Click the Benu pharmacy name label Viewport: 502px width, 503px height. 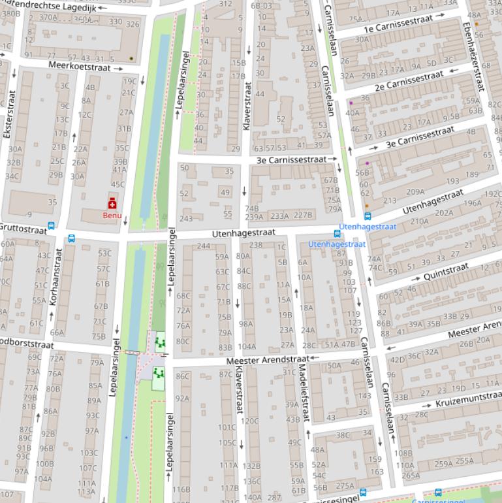tap(112, 215)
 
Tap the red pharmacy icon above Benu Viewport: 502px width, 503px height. tap(112, 203)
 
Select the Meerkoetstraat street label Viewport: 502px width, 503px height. tap(76, 65)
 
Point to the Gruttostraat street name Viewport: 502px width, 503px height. tap(24, 228)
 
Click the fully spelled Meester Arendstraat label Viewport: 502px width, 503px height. tap(268, 360)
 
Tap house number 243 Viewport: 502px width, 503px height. tap(186, 219)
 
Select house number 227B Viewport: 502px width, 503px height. tap(303, 215)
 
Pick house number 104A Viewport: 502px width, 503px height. tap(247, 346)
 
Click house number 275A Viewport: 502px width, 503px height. tap(345, 486)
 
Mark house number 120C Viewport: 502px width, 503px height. tap(249, 421)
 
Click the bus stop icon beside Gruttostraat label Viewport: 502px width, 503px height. tap(52, 226)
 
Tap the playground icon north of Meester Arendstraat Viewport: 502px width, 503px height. tap(159, 342)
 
